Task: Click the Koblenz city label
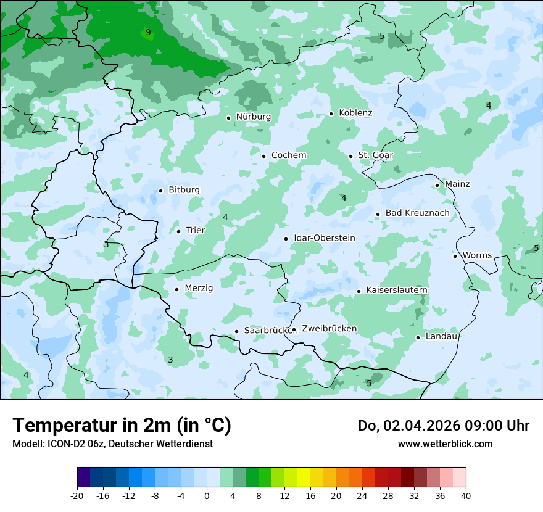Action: click(355, 113)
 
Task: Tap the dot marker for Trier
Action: click(178, 231)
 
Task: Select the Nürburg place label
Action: click(253, 117)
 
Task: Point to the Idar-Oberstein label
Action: click(324, 238)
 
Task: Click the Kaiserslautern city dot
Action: click(359, 291)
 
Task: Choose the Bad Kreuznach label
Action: click(417, 213)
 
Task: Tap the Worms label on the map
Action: click(477, 255)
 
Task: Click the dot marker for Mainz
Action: click(437, 185)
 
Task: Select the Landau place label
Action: click(441, 336)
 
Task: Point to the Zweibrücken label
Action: click(329, 329)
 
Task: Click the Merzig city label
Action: click(199, 288)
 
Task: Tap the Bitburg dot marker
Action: click(160, 191)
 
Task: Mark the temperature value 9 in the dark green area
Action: click(147, 32)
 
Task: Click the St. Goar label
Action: click(375, 155)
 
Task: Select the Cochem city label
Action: click(288, 155)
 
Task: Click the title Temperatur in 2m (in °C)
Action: click(122, 426)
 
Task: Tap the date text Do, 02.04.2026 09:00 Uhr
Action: click(443, 426)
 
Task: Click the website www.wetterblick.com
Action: click(445, 444)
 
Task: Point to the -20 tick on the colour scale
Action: click(77, 495)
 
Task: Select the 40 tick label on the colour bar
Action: click(466, 495)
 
